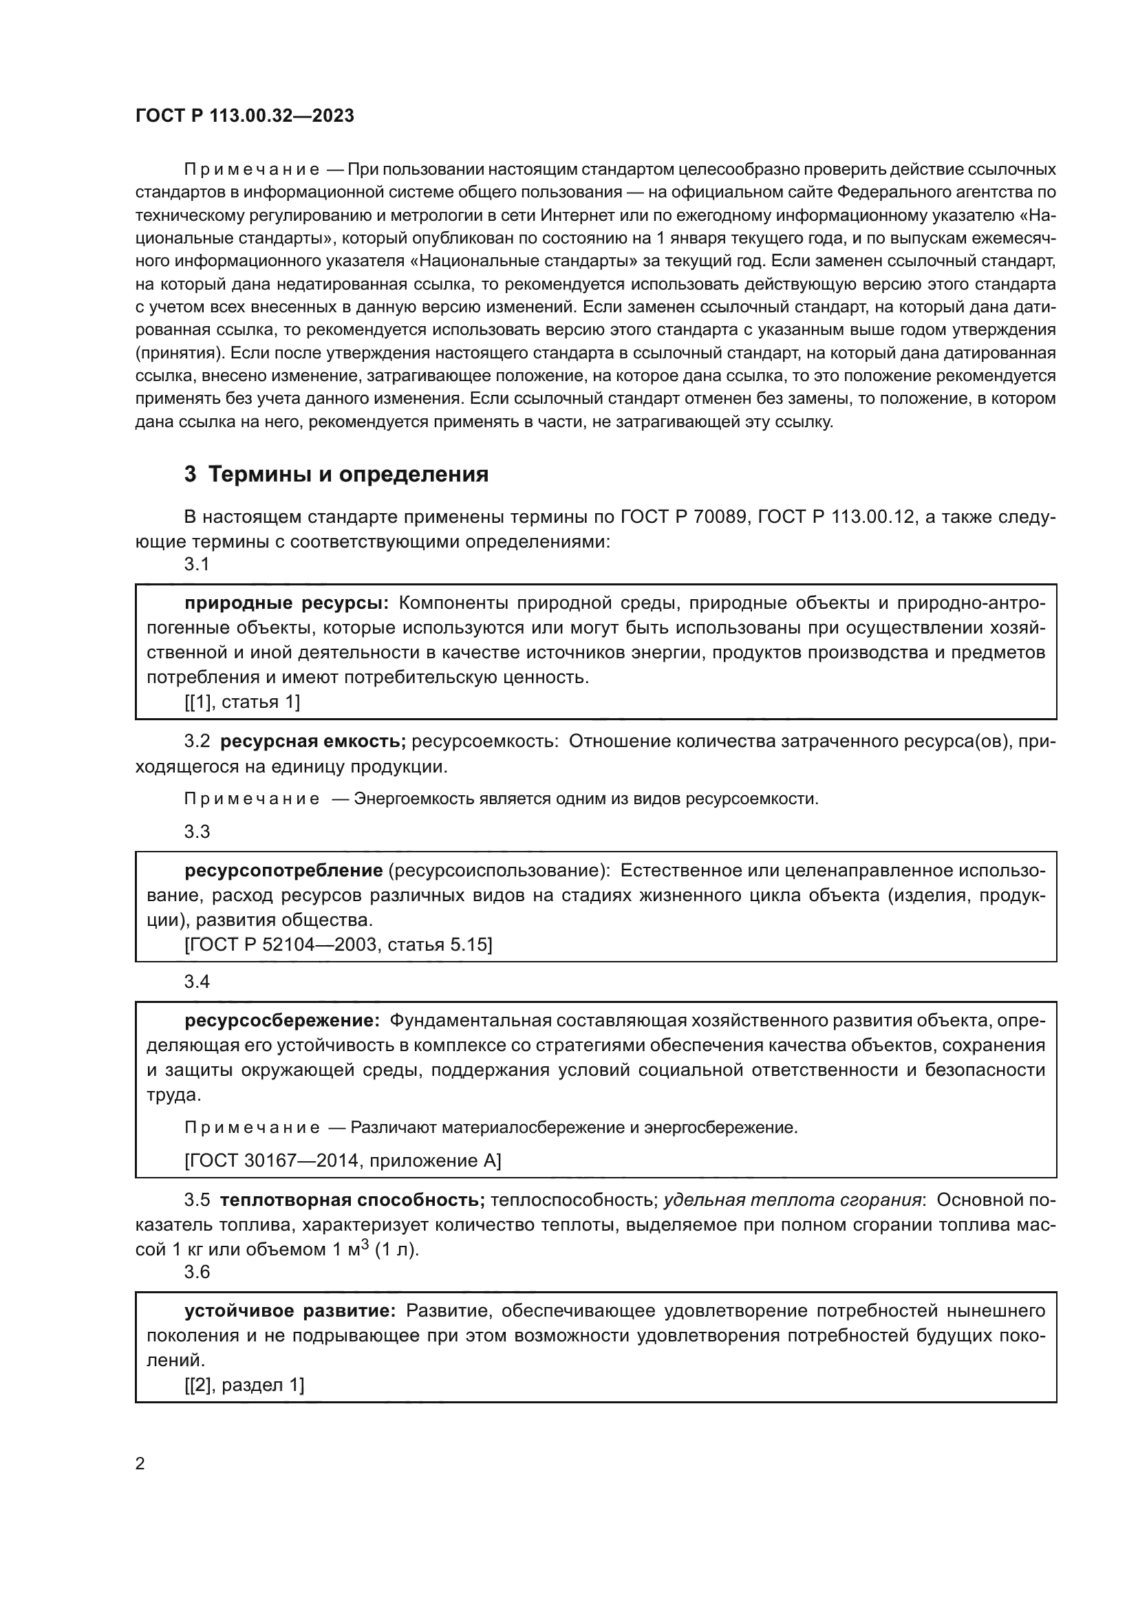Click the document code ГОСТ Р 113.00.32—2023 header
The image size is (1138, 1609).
[x=244, y=116]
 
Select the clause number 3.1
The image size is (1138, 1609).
[x=197, y=564]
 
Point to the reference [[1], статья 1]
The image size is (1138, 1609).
[x=242, y=702]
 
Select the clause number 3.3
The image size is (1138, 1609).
[x=197, y=832]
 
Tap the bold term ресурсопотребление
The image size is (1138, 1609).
[x=283, y=871]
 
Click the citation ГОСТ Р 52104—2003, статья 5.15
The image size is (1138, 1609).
[x=339, y=944]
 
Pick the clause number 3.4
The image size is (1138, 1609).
[x=197, y=982]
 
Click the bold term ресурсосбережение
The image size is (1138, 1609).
[x=281, y=1020]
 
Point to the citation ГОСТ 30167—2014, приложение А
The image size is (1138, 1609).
[x=343, y=1160]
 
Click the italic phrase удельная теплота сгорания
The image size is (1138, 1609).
[x=792, y=1200]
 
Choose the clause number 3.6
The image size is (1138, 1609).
[x=197, y=1272]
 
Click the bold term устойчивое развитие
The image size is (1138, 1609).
[x=290, y=1311]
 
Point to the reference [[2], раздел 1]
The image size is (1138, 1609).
[x=244, y=1384]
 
